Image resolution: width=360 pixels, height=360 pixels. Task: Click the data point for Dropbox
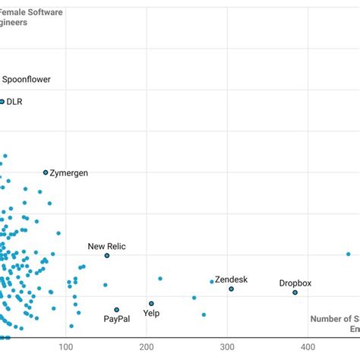[x=295, y=292]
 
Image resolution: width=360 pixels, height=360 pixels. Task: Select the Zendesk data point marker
[x=232, y=289]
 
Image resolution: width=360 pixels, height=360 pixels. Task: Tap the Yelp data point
[x=151, y=303]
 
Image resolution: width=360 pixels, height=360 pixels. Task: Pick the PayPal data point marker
[x=116, y=309]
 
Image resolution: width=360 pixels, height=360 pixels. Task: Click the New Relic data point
[x=107, y=255]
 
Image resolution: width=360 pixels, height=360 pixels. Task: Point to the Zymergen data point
[x=46, y=172]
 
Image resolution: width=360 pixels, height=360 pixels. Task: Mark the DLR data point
[x=2, y=101]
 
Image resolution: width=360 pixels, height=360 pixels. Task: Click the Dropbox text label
[x=295, y=283]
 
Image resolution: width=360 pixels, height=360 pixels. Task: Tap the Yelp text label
[x=151, y=312]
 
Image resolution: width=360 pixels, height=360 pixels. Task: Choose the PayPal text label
[x=117, y=319]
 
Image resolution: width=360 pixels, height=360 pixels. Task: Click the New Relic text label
[x=107, y=246]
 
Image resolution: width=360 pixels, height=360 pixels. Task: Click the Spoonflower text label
[x=27, y=79]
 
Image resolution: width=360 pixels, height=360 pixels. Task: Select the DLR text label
[x=14, y=101]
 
